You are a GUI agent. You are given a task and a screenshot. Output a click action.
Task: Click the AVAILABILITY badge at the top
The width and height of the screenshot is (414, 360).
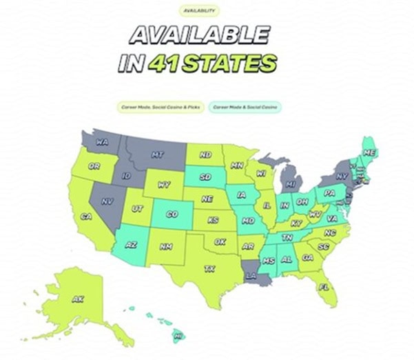[x=198, y=11]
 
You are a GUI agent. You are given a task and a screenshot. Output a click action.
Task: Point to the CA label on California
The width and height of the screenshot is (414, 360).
[x=86, y=217]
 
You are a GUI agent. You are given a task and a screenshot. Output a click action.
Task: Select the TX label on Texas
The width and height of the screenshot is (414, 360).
[x=210, y=268]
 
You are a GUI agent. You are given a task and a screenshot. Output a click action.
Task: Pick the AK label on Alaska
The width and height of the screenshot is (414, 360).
[x=78, y=299]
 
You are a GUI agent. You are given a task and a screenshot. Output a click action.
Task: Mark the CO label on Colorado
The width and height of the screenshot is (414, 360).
[x=172, y=214]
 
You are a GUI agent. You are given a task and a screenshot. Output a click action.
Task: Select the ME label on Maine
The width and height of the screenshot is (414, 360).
[x=369, y=152]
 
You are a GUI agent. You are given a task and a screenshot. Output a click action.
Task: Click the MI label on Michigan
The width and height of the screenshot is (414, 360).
[x=290, y=186]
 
